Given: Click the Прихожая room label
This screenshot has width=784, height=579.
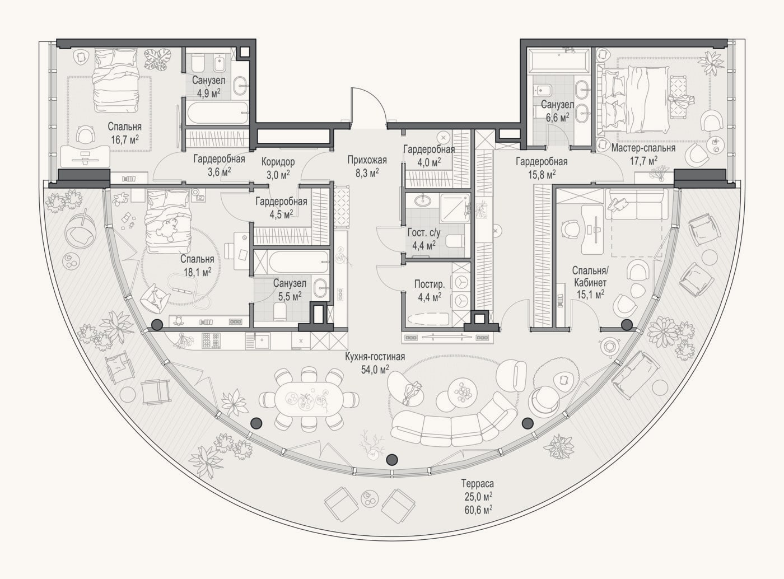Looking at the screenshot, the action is pyautogui.click(x=367, y=160).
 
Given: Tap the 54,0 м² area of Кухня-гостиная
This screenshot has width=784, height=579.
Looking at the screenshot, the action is pyautogui.click(x=375, y=370).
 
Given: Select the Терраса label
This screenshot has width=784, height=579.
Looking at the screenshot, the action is pyautogui.click(x=478, y=483).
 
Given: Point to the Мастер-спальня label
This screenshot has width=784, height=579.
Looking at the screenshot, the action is pyautogui.click(x=643, y=148).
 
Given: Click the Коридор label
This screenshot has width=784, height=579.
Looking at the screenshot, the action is pyautogui.click(x=278, y=162).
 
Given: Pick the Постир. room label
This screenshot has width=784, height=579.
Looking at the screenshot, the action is pyautogui.click(x=430, y=284).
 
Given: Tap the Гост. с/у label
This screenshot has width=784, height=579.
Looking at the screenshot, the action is pyautogui.click(x=424, y=232).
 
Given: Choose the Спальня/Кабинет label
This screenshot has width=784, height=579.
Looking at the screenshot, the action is pyautogui.click(x=590, y=277).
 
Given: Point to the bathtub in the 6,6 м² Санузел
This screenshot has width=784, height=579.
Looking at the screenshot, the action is pyautogui.click(x=558, y=62).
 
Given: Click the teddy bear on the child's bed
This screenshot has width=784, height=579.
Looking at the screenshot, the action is pyautogui.click(x=169, y=228).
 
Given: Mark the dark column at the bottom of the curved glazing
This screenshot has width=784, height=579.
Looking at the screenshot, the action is pyautogui.click(x=391, y=460).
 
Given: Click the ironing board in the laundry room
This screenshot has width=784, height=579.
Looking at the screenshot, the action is pyautogui.click(x=428, y=319).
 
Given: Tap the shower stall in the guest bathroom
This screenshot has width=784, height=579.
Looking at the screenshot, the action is pyautogui.click(x=455, y=208).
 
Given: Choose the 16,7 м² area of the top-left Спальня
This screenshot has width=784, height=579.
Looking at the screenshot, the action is pyautogui.click(x=125, y=139).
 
